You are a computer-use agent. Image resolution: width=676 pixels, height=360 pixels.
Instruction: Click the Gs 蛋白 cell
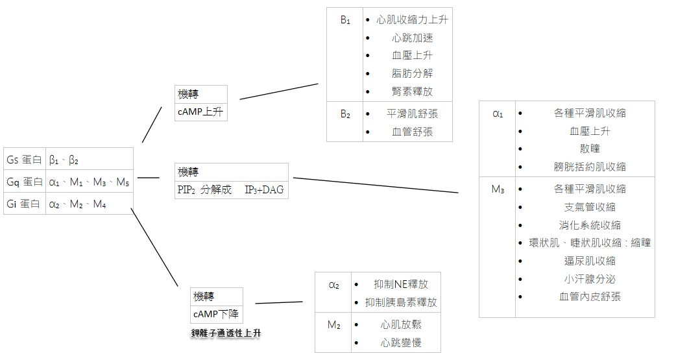click(25, 160)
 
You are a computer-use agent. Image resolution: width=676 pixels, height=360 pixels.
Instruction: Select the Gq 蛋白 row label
click(25, 182)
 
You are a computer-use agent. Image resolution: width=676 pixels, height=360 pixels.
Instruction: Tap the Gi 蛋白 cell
click(25, 204)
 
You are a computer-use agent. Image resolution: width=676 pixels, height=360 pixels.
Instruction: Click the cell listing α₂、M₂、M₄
click(78, 204)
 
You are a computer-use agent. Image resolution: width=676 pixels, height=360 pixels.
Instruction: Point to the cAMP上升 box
click(200, 112)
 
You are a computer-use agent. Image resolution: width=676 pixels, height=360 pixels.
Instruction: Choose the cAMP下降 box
click(216, 314)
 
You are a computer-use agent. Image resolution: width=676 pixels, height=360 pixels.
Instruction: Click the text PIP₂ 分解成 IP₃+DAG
click(231, 190)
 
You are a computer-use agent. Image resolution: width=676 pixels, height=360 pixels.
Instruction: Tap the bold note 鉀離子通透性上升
click(226, 333)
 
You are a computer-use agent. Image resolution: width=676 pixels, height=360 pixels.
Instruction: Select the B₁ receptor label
click(345, 20)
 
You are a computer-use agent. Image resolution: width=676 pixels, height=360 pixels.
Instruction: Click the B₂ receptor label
click(345, 114)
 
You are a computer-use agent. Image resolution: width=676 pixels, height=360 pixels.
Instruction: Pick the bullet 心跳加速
click(412, 38)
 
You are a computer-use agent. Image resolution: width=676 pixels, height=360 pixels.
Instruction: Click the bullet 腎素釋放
click(412, 91)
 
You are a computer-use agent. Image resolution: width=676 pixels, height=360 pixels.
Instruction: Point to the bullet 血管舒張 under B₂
click(412, 132)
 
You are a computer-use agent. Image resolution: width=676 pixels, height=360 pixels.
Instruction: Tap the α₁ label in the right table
click(497, 114)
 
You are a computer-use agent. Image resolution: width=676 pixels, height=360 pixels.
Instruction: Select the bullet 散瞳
click(590, 149)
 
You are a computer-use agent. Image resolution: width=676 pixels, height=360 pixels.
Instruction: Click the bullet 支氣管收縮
click(590, 207)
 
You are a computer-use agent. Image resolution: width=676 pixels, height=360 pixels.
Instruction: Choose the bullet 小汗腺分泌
click(590, 279)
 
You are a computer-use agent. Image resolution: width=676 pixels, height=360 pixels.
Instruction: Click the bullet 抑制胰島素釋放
click(401, 302)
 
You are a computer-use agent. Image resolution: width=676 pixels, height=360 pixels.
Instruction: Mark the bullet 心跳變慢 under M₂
click(401, 342)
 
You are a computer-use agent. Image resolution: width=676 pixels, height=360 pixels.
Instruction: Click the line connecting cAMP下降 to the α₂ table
click(279, 303)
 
